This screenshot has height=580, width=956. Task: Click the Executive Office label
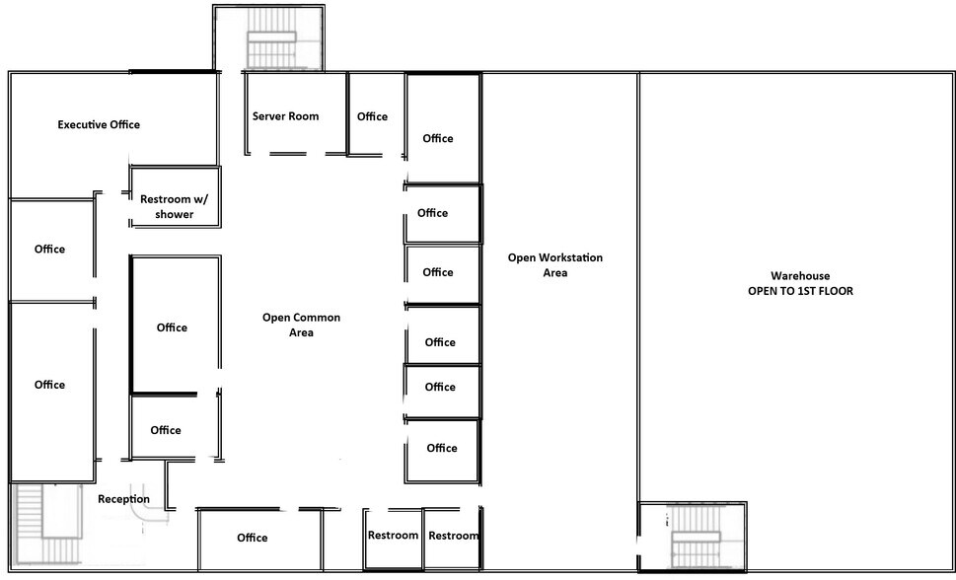[x=99, y=124]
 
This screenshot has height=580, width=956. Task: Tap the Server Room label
[x=285, y=116]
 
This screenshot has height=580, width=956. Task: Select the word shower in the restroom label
[x=175, y=214]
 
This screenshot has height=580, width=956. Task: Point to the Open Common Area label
[x=301, y=325]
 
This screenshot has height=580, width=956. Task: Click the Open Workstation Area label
[x=554, y=264]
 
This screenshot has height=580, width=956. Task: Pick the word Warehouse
[x=799, y=276]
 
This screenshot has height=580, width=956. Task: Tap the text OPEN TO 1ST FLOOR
[x=799, y=291]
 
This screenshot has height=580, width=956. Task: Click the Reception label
[x=123, y=499]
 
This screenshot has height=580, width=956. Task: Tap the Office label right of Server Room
[x=372, y=116]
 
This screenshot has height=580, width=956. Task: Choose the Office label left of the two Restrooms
[x=252, y=538]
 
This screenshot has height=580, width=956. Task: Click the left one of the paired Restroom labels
[x=393, y=536]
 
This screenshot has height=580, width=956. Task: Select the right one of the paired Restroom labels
[x=454, y=536]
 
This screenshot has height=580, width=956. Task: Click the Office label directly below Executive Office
[x=49, y=249]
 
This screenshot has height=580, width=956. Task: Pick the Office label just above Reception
[x=165, y=429]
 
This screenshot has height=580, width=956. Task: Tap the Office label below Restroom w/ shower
[x=172, y=327]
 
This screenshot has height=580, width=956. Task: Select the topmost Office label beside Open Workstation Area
[x=437, y=138]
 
